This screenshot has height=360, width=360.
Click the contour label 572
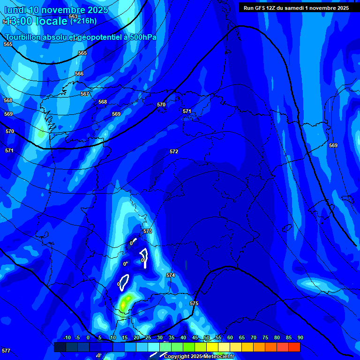(x=174, y=151)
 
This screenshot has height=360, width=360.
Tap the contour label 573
(x=148, y=231)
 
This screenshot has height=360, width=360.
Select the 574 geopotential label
(x=171, y=275)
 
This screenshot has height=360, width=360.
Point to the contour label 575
(x=194, y=303)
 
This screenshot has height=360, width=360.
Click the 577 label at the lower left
(x=6, y=351)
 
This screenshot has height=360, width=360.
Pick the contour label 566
(x=79, y=74)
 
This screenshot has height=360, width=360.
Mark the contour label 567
(x=85, y=94)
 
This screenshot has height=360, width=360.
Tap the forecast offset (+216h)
(x=83, y=20)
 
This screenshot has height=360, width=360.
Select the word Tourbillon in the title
(x=23, y=37)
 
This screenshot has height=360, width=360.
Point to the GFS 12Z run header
(x=296, y=7)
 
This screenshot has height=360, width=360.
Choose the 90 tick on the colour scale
(x=300, y=337)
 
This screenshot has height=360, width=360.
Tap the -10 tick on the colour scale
(x=67, y=337)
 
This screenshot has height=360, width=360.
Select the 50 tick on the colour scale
(x=206, y=337)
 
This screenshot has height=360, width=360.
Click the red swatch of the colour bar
(x=294, y=347)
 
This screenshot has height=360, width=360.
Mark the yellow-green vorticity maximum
(x=124, y=303)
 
